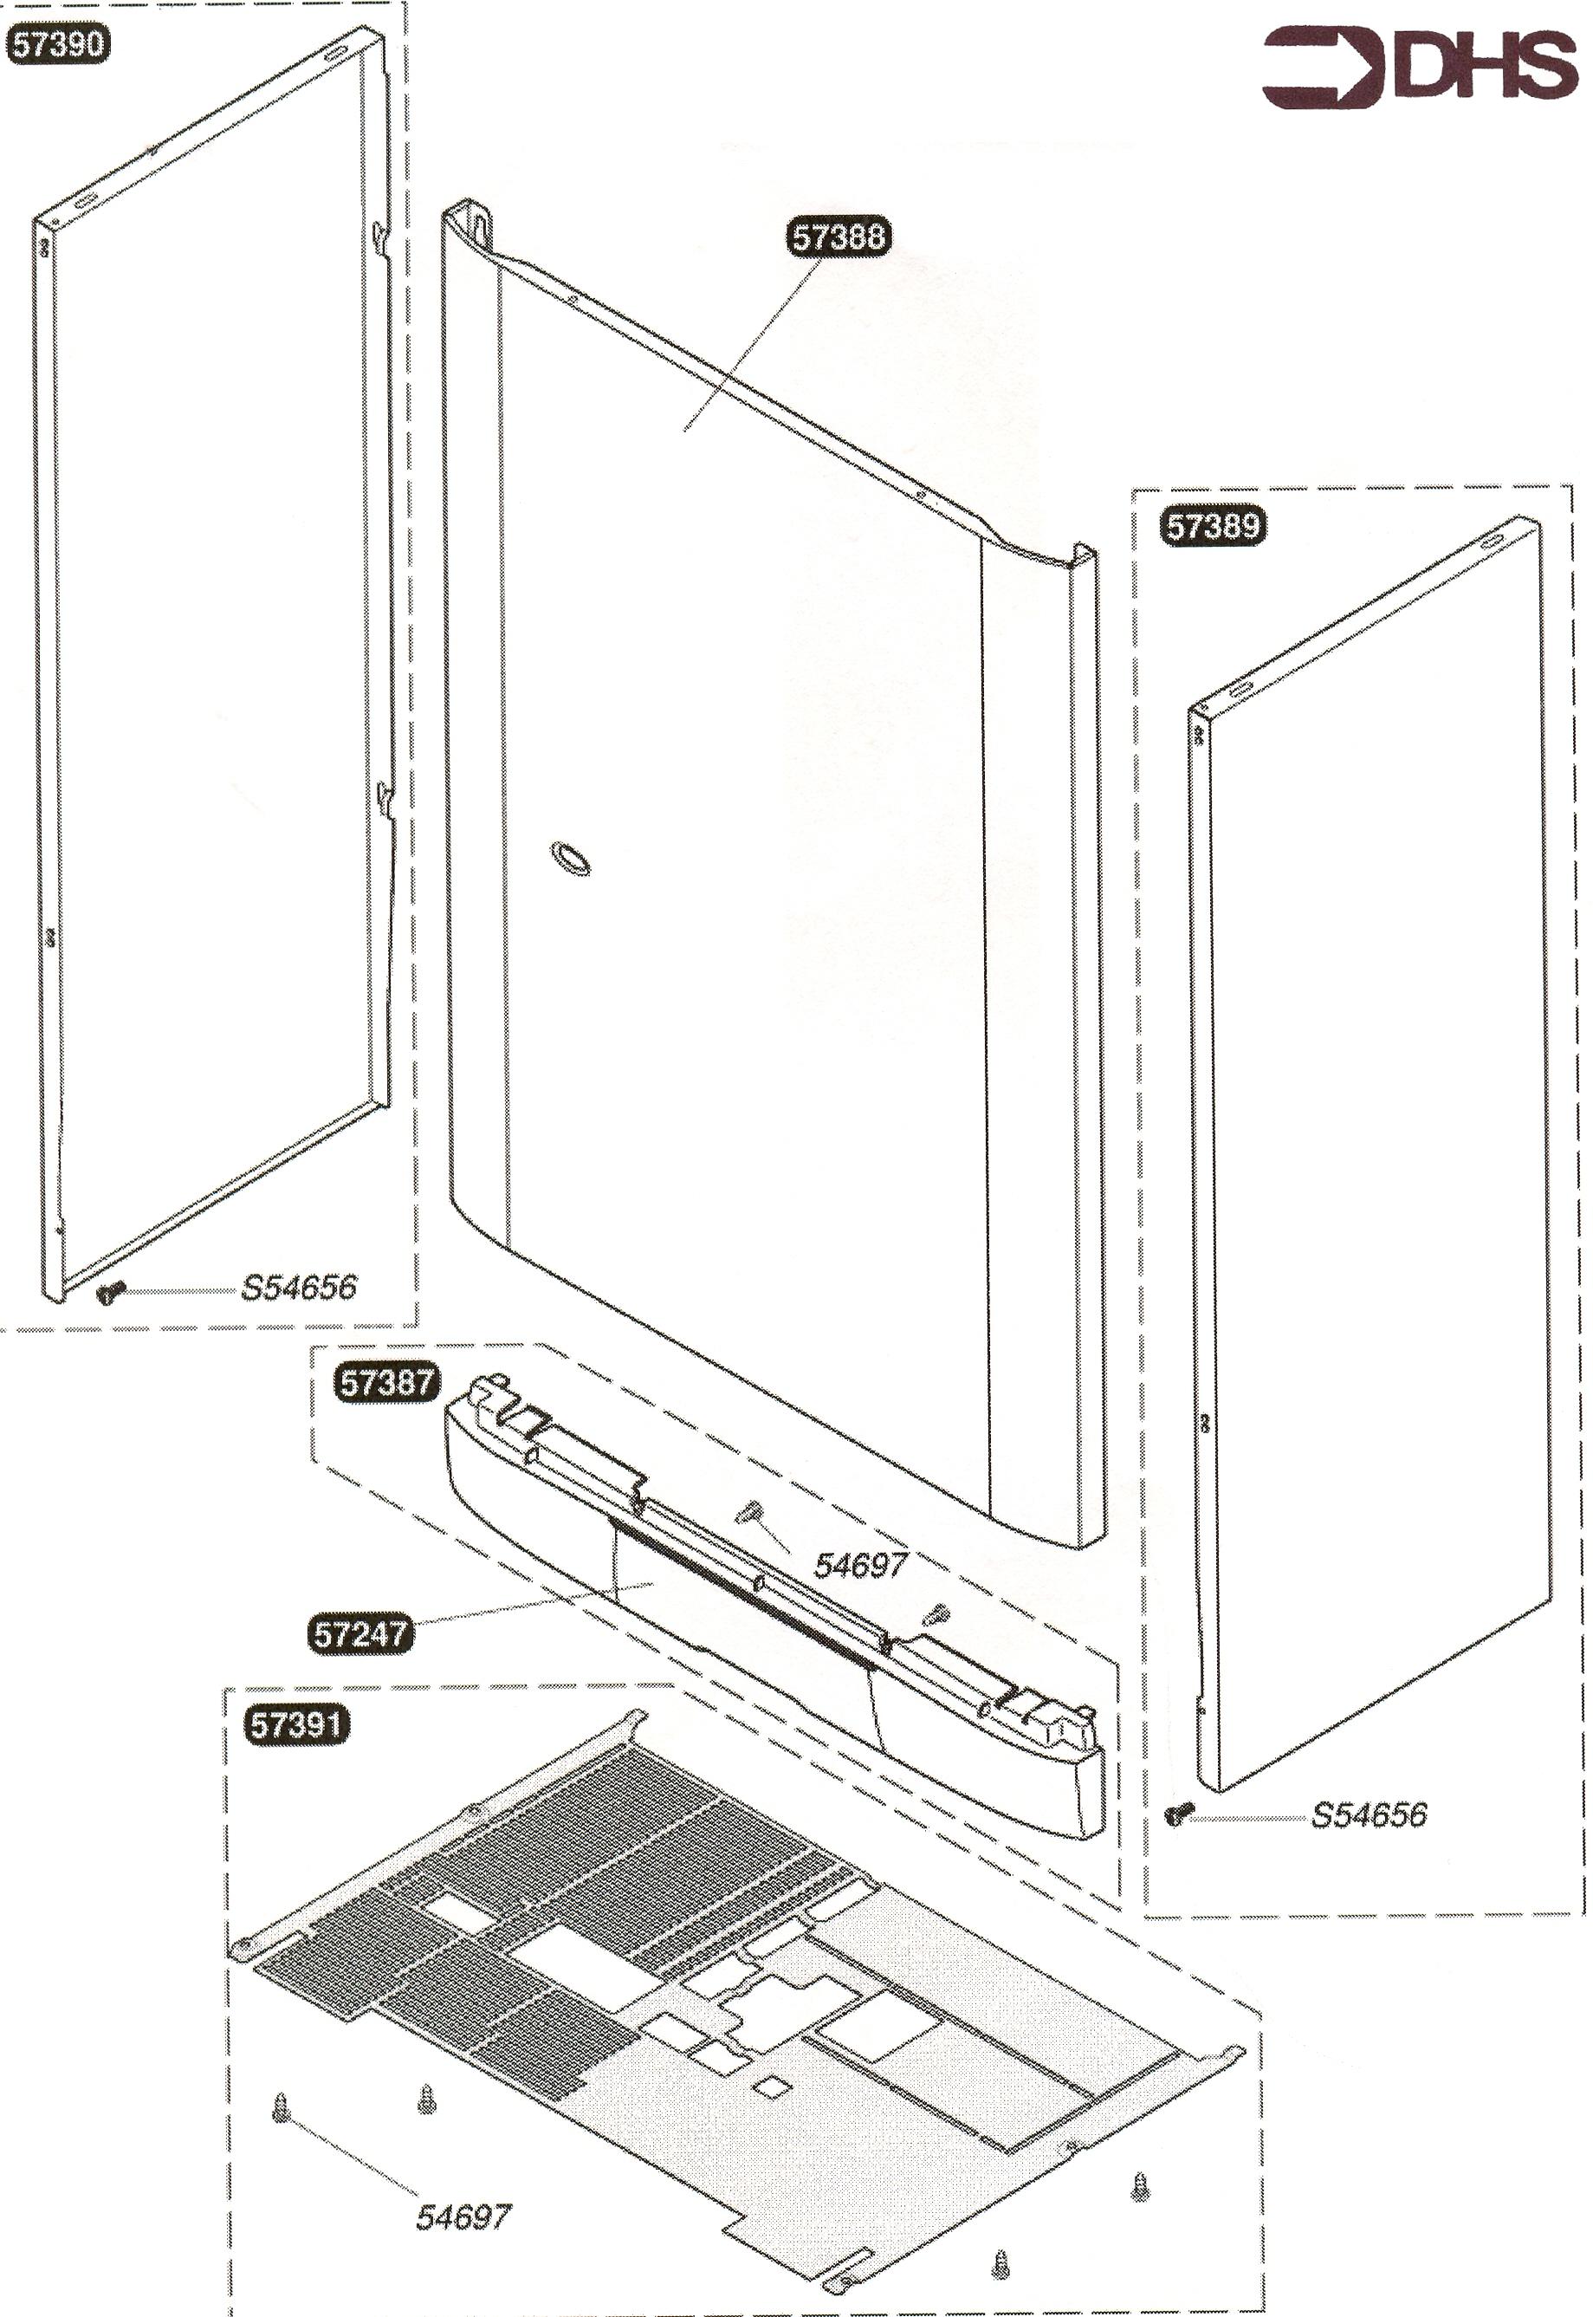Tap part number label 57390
(58, 45)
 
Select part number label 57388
(839, 237)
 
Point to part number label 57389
(1213, 525)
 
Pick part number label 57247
(359, 1634)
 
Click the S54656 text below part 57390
(299, 1287)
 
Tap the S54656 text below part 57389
(1369, 1814)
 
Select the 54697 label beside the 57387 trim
(860, 1564)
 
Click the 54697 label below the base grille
(463, 2217)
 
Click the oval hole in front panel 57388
(570, 858)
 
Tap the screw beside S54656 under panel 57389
(1180, 1814)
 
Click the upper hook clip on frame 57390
(381, 235)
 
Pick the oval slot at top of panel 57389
(1491, 540)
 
